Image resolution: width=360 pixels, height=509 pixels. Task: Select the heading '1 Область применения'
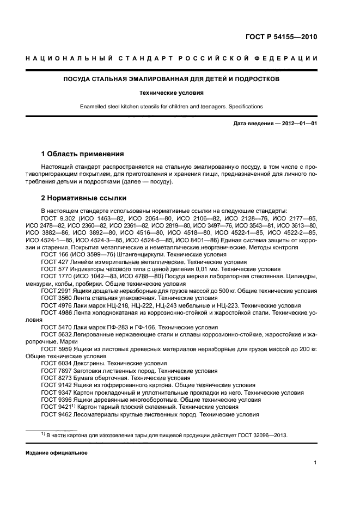pyautogui.click(x=83, y=154)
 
